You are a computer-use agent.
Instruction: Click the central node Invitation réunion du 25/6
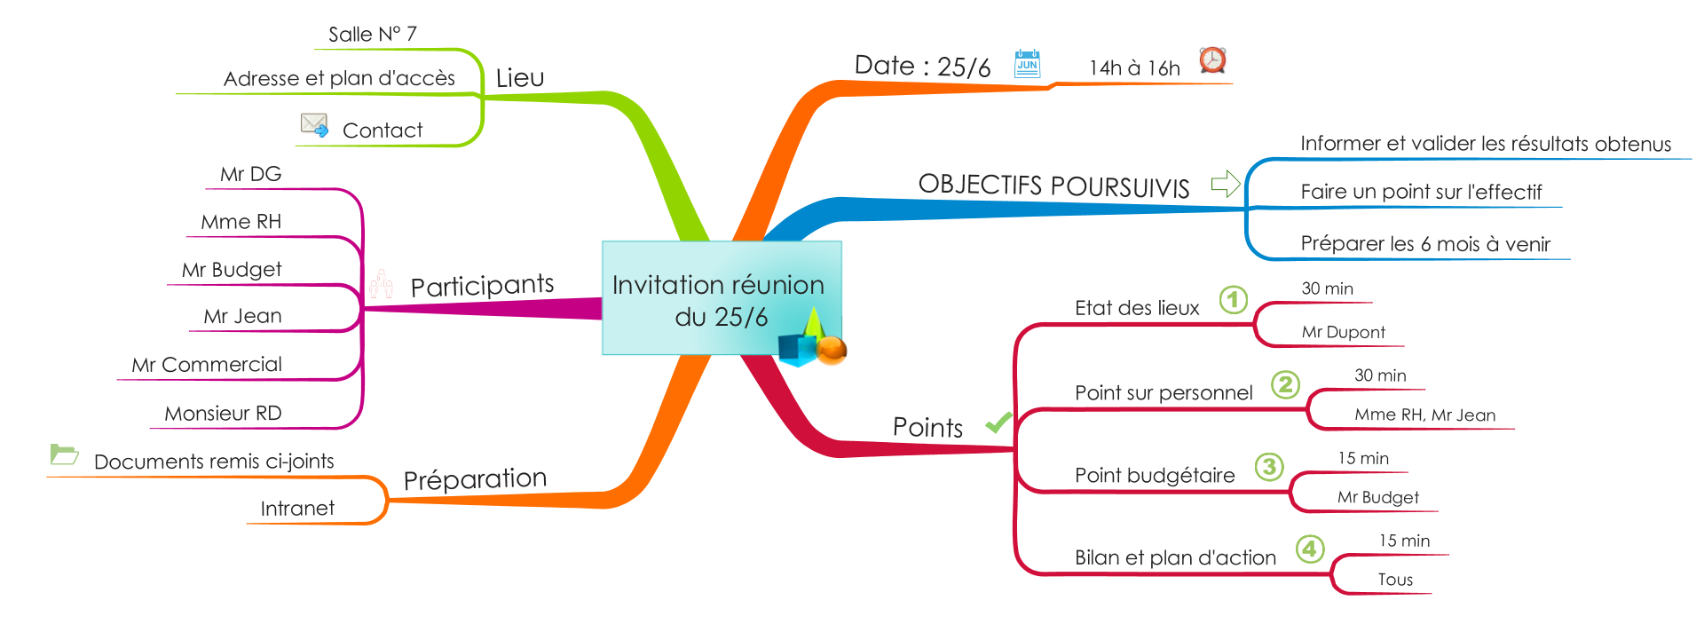point(719,299)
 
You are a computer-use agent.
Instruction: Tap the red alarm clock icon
point(1212,60)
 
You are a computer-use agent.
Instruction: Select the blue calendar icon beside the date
point(1027,64)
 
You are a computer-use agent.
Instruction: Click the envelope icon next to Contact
point(314,124)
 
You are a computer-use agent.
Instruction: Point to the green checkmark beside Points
point(998,423)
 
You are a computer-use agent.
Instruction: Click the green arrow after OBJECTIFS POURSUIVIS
point(1226,184)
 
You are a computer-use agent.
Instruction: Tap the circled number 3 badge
point(1269,467)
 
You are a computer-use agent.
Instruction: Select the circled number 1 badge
point(1233,300)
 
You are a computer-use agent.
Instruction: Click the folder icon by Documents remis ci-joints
point(64,454)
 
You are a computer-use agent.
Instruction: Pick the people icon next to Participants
point(381,284)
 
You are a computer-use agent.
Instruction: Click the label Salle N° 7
point(372,35)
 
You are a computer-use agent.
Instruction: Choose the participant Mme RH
point(241,222)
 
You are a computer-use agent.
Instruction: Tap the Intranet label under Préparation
point(297,509)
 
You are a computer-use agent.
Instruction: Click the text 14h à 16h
point(1134,68)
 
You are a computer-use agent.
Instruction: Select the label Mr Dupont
point(1343,332)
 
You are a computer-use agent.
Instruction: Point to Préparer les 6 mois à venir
point(1425,244)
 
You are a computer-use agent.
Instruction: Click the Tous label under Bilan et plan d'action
point(1395,580)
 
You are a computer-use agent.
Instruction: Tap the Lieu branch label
point(519,78)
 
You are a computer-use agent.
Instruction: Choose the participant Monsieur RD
point(223,414)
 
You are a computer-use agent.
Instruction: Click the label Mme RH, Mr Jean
point(1424,415)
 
